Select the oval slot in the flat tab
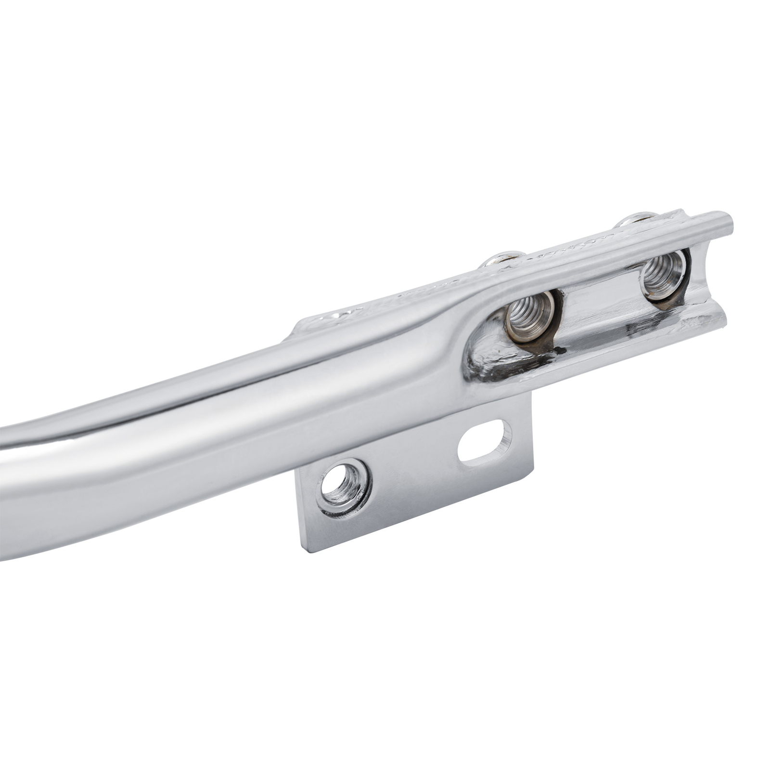point(483,442)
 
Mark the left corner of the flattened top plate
point(296,327)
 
